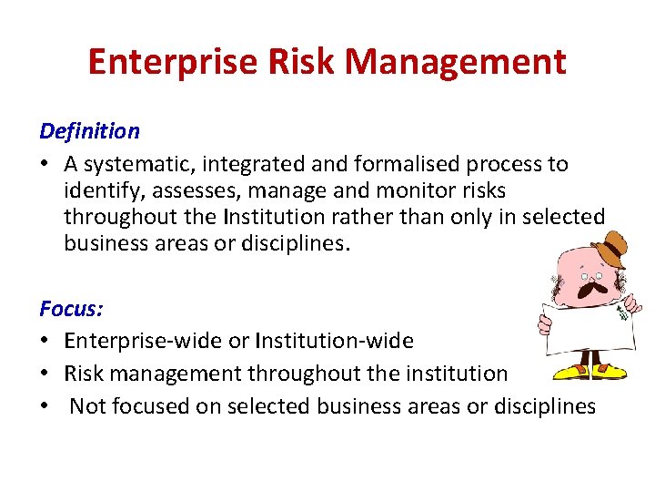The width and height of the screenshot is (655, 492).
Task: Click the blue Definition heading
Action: point(89,131)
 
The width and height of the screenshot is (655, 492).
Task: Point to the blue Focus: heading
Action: point(71,309)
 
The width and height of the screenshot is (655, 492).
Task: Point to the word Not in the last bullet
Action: point(86,405)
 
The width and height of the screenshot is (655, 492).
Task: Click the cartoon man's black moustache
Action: point(593,291)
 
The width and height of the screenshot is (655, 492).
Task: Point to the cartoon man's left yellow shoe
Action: point(569,372)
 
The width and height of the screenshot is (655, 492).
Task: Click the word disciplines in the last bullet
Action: point(545,405)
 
